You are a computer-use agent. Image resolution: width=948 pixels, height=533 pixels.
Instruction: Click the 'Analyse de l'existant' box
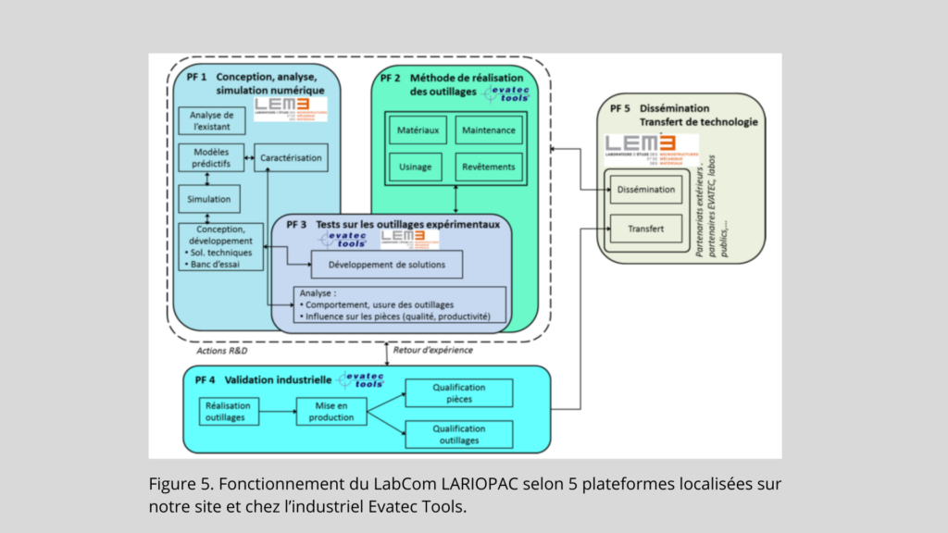pos(212,120)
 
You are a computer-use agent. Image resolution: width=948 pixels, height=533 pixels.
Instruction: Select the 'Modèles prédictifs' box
pos(212,158)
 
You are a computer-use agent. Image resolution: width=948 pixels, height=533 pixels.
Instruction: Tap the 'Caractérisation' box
pos(291,158)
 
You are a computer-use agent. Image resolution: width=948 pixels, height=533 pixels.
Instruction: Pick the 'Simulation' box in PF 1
pos(212,198)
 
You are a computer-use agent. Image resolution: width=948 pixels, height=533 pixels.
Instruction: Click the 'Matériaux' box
pos(418,130)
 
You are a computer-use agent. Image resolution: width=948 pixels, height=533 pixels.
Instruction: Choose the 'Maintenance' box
pos(488,130)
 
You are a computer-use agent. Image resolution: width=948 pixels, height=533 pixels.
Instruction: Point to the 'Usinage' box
pos(418,167)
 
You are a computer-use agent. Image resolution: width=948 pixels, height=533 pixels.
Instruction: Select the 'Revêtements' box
pos(488,167)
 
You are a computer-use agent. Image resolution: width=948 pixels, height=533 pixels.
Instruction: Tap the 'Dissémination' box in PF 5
pos(646,191)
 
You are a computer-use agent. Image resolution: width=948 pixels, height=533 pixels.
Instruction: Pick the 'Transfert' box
pos(646,227)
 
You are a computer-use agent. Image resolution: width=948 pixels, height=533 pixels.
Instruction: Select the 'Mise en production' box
pos(331,412)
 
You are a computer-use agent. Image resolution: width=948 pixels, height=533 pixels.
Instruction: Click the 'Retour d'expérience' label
pos(433,350)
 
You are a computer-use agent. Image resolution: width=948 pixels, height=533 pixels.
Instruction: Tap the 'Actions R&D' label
pos(222,352)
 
